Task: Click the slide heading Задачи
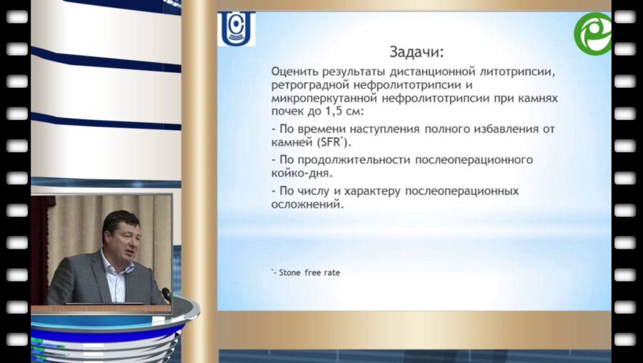click(x=416, y=52)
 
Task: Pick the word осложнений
click(x=306, y=204)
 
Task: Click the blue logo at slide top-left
click(x=236, y=29)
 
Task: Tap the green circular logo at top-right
click(x=593, y=33)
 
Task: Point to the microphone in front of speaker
click(x=166, y=294)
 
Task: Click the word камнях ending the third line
click(x=539, y=97)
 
